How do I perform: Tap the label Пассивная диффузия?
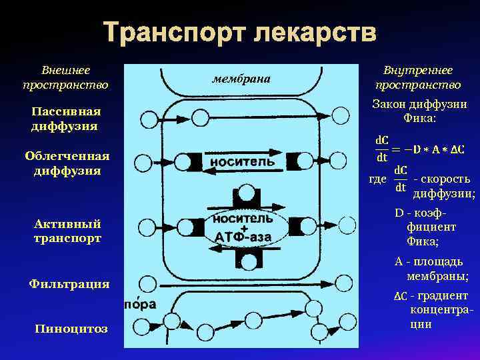pyautogui.click(x=65, y=118)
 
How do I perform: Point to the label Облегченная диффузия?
pyautogui.click(x=66, y=163)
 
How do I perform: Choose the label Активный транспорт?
pyautogui.click(x=67, y=230)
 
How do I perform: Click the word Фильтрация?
pyautogui.click(x=69, y=284)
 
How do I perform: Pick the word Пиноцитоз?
pyautogui.click(x=71, y=329)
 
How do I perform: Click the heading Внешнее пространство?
pyautogui.click(x=65, y=77)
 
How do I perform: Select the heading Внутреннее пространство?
pyautogui.click(x=417, y=77)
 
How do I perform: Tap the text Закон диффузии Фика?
pyautogui.click(x=419, y=111)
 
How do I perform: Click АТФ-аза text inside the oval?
pyautogui.click(x=243, y=238)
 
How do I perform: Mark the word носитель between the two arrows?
pyautogui.click(x=242, y=161)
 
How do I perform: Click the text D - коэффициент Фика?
pyautogui.click(x=423, y=227)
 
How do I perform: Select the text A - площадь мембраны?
pyautogui.click(x=431, y=269)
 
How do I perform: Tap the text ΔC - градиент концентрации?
pyautogui.click(x=430, y=310)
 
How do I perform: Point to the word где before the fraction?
pyautogui.click(x=378, y=179)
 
